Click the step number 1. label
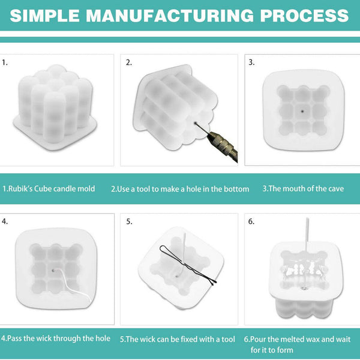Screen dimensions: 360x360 (5, 62)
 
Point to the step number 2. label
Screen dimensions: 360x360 (128, 62)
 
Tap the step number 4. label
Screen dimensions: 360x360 (5, 221)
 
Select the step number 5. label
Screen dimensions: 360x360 (129, 221)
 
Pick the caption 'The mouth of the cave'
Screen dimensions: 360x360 (303, 188)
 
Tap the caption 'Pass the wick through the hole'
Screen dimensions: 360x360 (55, 338)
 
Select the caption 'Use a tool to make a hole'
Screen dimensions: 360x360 (180, 188)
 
